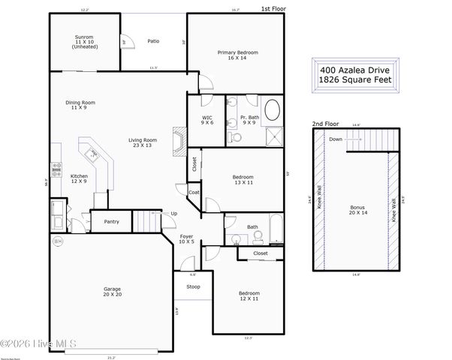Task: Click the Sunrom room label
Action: point(83,42)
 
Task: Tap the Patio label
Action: point(153,41)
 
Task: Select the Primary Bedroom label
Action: point(237,55)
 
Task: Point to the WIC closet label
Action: point(207,121)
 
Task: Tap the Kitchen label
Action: point(80,178)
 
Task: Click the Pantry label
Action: point(112,221)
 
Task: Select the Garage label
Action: point(112,292)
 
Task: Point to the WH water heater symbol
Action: point(58,241)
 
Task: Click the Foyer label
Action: point(187,239)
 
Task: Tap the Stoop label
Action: point(193,286)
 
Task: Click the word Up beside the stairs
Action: point(174,213)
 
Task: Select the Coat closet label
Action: point(193,192)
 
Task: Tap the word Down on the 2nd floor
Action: point(336,139)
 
